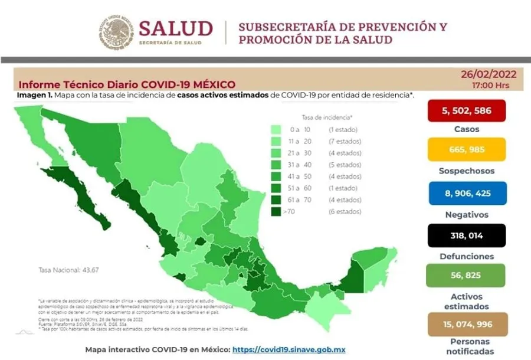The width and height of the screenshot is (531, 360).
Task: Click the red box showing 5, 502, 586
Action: coord(466,110)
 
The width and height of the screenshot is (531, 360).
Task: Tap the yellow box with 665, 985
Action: coord(466,150)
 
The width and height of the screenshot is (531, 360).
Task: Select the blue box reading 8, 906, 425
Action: coord(466,193)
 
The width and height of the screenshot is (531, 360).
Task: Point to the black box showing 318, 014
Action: coord(466,235)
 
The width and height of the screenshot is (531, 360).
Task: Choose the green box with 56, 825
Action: coord(466,275)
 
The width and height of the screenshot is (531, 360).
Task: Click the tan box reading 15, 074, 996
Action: coord(466,324)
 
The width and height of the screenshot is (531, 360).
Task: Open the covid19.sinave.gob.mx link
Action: coord(289,349)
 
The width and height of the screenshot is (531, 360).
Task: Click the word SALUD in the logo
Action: coord(175,28)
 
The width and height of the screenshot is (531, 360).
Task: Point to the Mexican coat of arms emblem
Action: coord(115,32)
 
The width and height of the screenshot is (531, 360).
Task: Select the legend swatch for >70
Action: coord(276,211)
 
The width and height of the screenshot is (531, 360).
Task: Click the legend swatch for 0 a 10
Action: coord(276,129)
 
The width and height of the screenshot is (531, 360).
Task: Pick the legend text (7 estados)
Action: coord(345,141)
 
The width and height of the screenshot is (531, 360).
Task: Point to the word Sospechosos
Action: coord(467,171)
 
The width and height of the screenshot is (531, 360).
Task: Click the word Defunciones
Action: coord(467,257)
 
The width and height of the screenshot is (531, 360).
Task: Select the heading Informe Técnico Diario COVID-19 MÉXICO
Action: coord(127,84)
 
